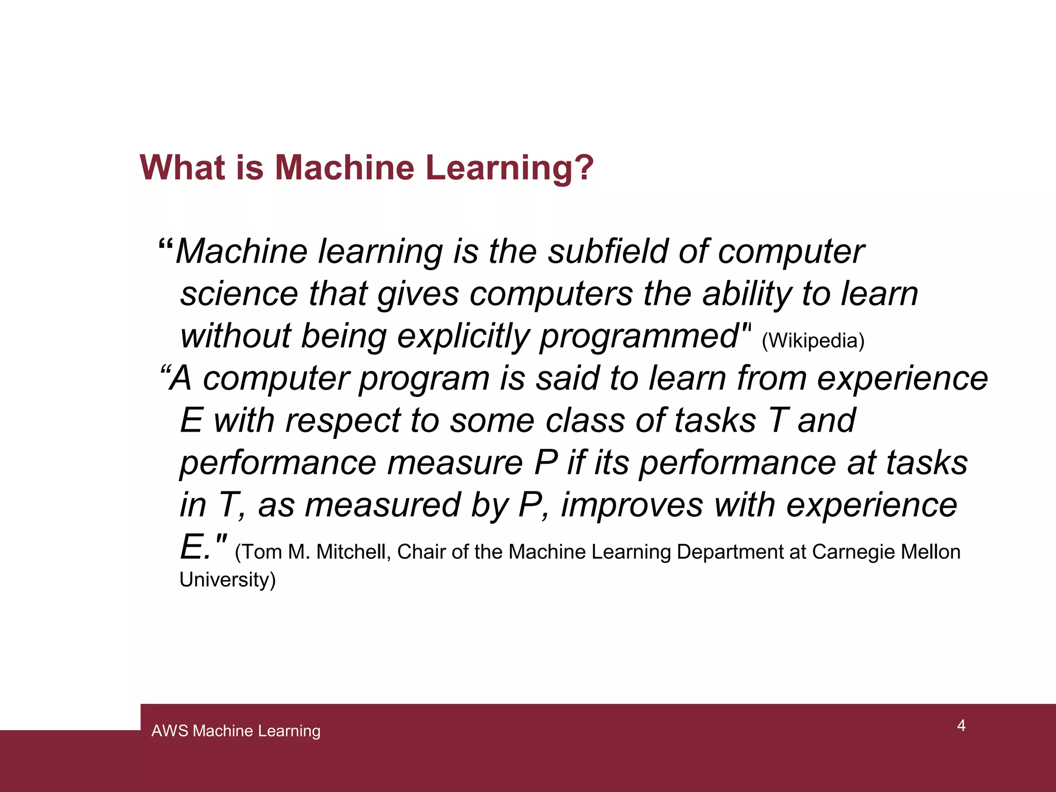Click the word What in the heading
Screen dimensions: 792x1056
[183, 168]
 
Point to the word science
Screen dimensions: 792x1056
[239, 294]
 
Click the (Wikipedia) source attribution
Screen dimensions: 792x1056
[813, 341]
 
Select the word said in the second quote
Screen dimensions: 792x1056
[567, 378]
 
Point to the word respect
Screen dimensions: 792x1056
[343, 421]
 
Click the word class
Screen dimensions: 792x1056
[585, 420]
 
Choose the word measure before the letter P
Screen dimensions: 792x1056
[455, 463]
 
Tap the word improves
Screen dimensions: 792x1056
[632, 505]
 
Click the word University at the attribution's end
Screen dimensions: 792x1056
[227, 580]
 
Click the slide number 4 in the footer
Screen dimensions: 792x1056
[961, 725]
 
